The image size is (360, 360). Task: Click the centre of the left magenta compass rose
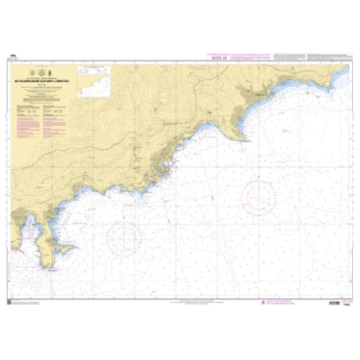tap(124, 236)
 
